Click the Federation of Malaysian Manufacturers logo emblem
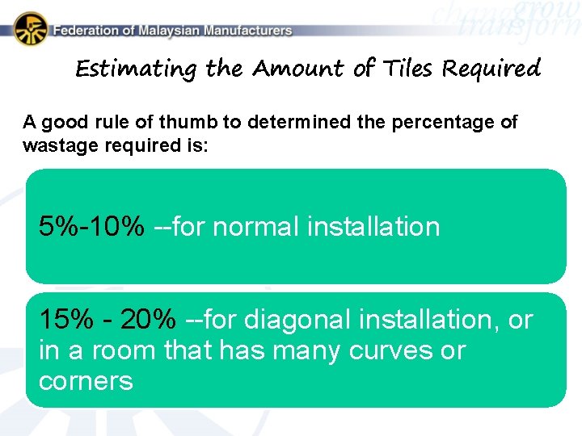[x=30, y=29]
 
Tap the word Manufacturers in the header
[x=248, y=31]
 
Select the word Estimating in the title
[x=136, y=69]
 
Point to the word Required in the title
[x=491, y=69]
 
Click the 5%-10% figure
[x=92, y=226]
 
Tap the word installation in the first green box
[x=373, y=226]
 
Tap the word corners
[x=86, y=380]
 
